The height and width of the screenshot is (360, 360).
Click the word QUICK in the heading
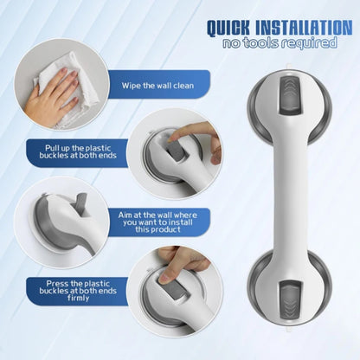228,29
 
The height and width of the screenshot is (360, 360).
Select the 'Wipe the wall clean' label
157,86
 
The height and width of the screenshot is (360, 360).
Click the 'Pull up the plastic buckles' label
78,151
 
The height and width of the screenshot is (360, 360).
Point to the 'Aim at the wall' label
157,222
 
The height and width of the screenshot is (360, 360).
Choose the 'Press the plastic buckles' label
78,291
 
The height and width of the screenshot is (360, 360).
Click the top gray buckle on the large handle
290,95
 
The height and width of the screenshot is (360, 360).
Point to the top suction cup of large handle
289,107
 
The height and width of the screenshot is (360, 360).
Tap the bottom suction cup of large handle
289,292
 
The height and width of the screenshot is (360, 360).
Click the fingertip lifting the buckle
173,137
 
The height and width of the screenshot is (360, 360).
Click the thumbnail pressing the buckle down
165,278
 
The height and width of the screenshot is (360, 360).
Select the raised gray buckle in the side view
81,204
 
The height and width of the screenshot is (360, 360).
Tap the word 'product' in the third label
166,229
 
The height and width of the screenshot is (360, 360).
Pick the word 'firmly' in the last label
78,298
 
